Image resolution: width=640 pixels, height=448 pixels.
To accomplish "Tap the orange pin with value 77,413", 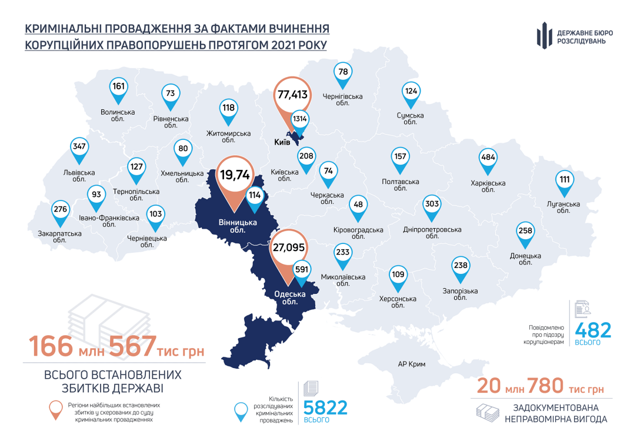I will click(292, 94).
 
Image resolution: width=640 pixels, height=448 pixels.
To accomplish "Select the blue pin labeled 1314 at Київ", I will click(301, 119).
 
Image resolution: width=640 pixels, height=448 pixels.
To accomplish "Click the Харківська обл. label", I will click(488, 186).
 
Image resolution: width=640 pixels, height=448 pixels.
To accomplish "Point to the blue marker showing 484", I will click(488, 159).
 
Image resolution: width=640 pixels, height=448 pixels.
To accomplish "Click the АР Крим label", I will click(411, 364).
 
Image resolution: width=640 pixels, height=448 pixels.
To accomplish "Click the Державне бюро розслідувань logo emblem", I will click(544, 36).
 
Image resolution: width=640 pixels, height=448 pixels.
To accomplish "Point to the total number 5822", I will click(325, 407).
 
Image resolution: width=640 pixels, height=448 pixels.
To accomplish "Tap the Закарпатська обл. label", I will click(59, 236).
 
